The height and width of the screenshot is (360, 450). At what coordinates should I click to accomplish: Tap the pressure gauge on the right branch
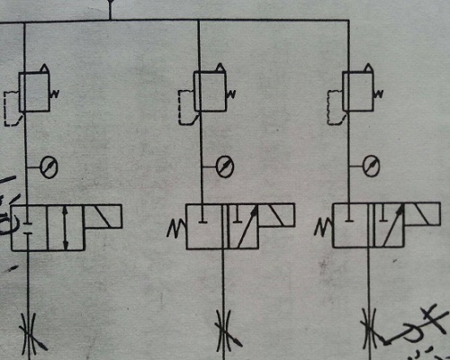[x=369, y=165]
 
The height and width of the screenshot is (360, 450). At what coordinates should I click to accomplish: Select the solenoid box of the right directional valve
[x=424, y=215]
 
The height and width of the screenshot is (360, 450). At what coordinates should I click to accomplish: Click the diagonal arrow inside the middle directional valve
[x=246, y=225]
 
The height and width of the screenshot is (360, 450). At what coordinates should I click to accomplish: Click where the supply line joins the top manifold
[x=110, y=19]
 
